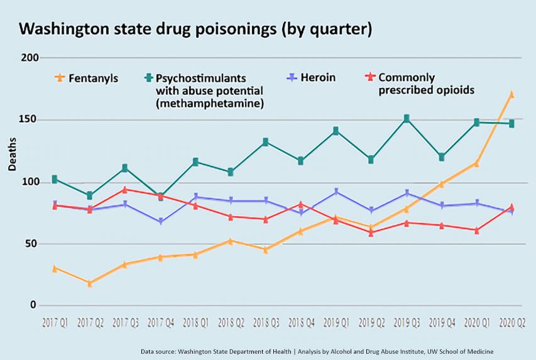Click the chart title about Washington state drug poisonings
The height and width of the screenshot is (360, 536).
195,29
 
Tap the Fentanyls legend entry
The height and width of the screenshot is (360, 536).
87,79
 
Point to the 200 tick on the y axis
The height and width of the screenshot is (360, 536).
30,58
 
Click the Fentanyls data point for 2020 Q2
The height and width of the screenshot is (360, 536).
511,94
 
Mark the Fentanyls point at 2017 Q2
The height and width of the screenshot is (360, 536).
90,283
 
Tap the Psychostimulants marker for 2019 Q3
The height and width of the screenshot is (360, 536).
407,118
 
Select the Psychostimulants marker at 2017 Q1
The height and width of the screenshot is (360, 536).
55,179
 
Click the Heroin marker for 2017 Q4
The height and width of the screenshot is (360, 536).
161,222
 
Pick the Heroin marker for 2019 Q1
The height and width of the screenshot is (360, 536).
336,192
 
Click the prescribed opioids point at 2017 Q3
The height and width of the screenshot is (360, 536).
125,189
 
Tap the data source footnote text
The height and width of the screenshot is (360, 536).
321,350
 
